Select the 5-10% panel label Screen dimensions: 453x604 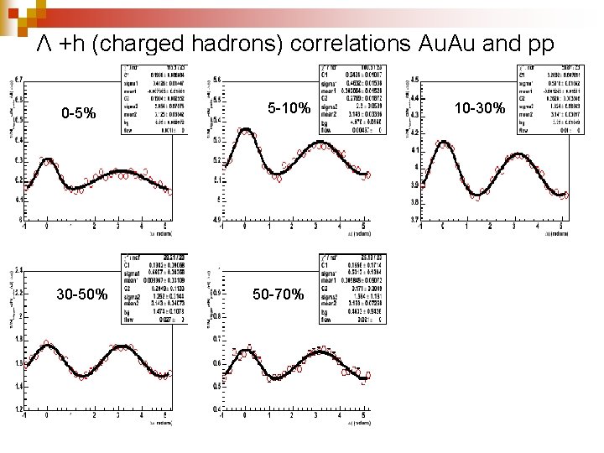click(x=289, y=109)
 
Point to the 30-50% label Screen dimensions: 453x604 click(x=81, y=294)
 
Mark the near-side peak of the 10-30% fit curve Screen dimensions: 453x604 click(x=443, y=144)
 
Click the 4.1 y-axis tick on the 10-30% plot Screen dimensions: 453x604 click(x=416, y=150)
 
